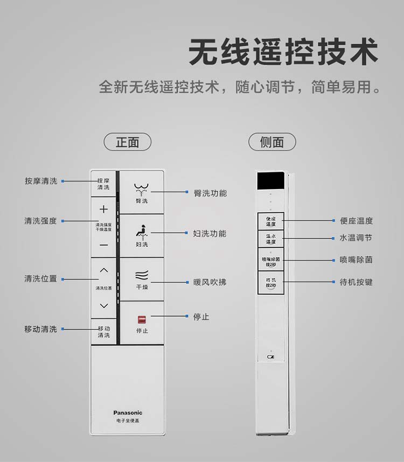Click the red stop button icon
[x=142, y=319]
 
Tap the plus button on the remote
[x=103, y=209]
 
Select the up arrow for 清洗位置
[x=103, y=270]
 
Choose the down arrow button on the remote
[x=103, y=306]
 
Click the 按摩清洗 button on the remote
[x=103, y=184]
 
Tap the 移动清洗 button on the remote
[x=103, y=332]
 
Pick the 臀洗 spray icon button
[x=142, y=192]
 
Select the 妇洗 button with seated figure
[x=142, y=236]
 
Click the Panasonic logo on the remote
[x=128, y=413]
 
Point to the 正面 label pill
[x=128, y=142]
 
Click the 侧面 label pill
[x=272, y=142]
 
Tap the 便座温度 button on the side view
[x=270, y=221]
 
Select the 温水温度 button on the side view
[x=270, y=239]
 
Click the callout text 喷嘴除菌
[x=356, y=260]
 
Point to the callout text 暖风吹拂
[x=210, y=282]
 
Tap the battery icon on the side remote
[x=270, y=356]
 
